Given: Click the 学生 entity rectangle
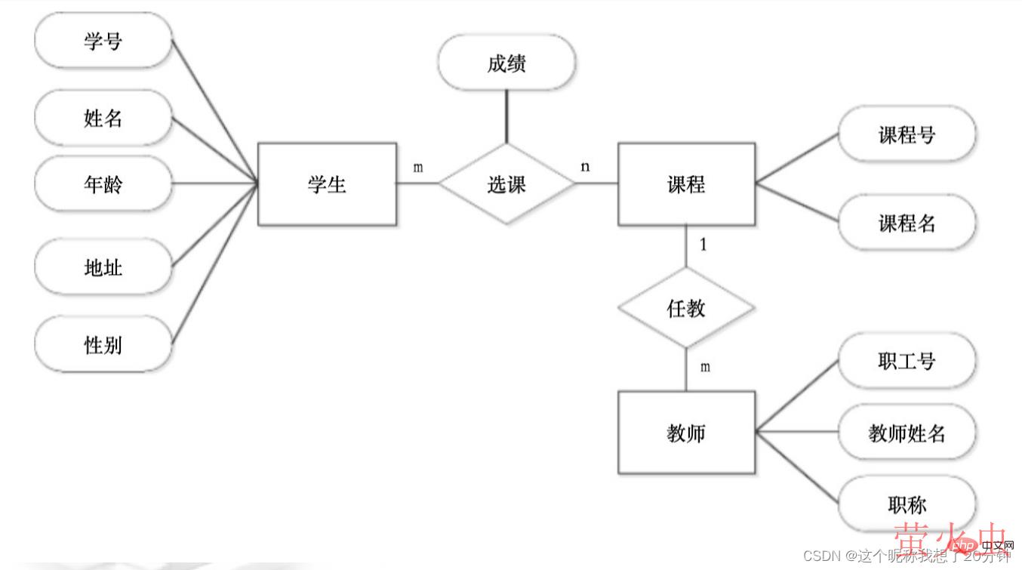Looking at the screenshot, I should click(327, 184).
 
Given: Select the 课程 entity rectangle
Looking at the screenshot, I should click(686, 184).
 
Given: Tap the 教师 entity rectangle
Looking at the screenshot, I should click(686, 433).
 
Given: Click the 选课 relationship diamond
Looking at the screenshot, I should click(506, 184).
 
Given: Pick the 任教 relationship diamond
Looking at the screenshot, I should click(686, 308).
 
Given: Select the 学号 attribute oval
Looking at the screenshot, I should click(103, 40).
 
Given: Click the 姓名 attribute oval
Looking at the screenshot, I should click(103, 118).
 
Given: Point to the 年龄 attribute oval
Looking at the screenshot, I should click(103, 184).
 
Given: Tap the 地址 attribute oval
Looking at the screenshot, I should click(103, 267).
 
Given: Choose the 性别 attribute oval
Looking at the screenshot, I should click(103, 345).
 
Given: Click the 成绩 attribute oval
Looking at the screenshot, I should click(506, 63).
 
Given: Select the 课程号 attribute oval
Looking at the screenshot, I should click(907, 134).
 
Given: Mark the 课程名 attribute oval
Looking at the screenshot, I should click(907, 223).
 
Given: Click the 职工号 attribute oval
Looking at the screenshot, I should click(907, 361).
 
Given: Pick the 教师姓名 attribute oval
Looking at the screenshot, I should click(907, 433).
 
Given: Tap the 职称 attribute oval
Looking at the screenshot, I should click(907, 504).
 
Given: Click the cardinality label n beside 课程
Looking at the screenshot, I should click(585, 167).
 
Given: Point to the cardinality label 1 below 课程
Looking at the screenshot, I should click(703, 245).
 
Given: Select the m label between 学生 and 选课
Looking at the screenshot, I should click(417, 168).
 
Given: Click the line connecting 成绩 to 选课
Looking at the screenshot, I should click(506, 117).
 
